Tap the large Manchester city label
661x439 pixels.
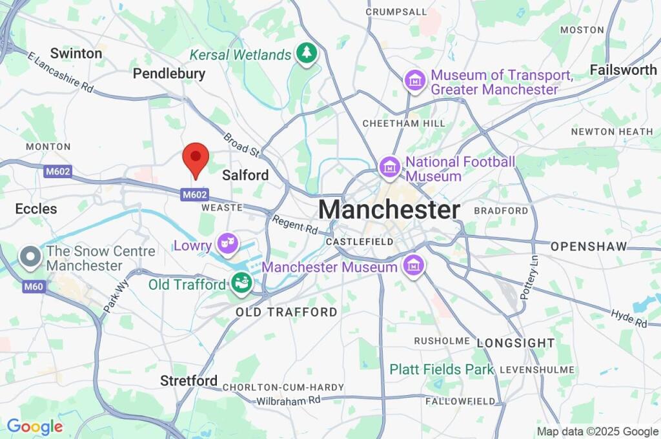click(x=389, y=210)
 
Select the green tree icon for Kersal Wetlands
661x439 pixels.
click(x=306, y=54)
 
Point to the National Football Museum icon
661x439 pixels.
click(x=389, y=168)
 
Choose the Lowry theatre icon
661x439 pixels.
click(x=227, y=244)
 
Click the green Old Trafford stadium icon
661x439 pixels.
click(x=241, y=283)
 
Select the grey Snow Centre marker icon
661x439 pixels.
click(x=30, y=258)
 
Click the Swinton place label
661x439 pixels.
click(x=76, y=53)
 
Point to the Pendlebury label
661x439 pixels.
click(x=169, y=74)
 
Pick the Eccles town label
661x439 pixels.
click(x=36, y=209)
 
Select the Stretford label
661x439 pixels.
click(x=188, y=380)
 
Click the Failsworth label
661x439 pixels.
click(x=623, y=70)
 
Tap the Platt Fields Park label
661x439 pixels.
click(x=442, y=369)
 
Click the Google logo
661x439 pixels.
click(x=35, y=427)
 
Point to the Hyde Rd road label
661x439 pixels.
click(x=629, y=318)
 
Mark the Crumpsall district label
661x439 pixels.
click(x=396, y=12)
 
